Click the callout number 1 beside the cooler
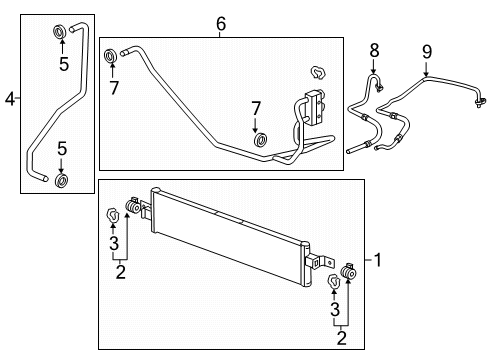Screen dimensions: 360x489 click(378, 260)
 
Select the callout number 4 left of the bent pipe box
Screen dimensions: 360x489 click(10, 98)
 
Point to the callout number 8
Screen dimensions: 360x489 click(374, 49)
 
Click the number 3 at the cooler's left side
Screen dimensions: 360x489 click(115, 244)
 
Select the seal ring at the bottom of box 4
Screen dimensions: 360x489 click(62, 181)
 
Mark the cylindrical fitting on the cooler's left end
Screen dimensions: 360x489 click(131, 211)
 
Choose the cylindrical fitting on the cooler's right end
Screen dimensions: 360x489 click(350, 275)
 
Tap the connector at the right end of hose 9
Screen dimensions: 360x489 click(480, 101)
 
